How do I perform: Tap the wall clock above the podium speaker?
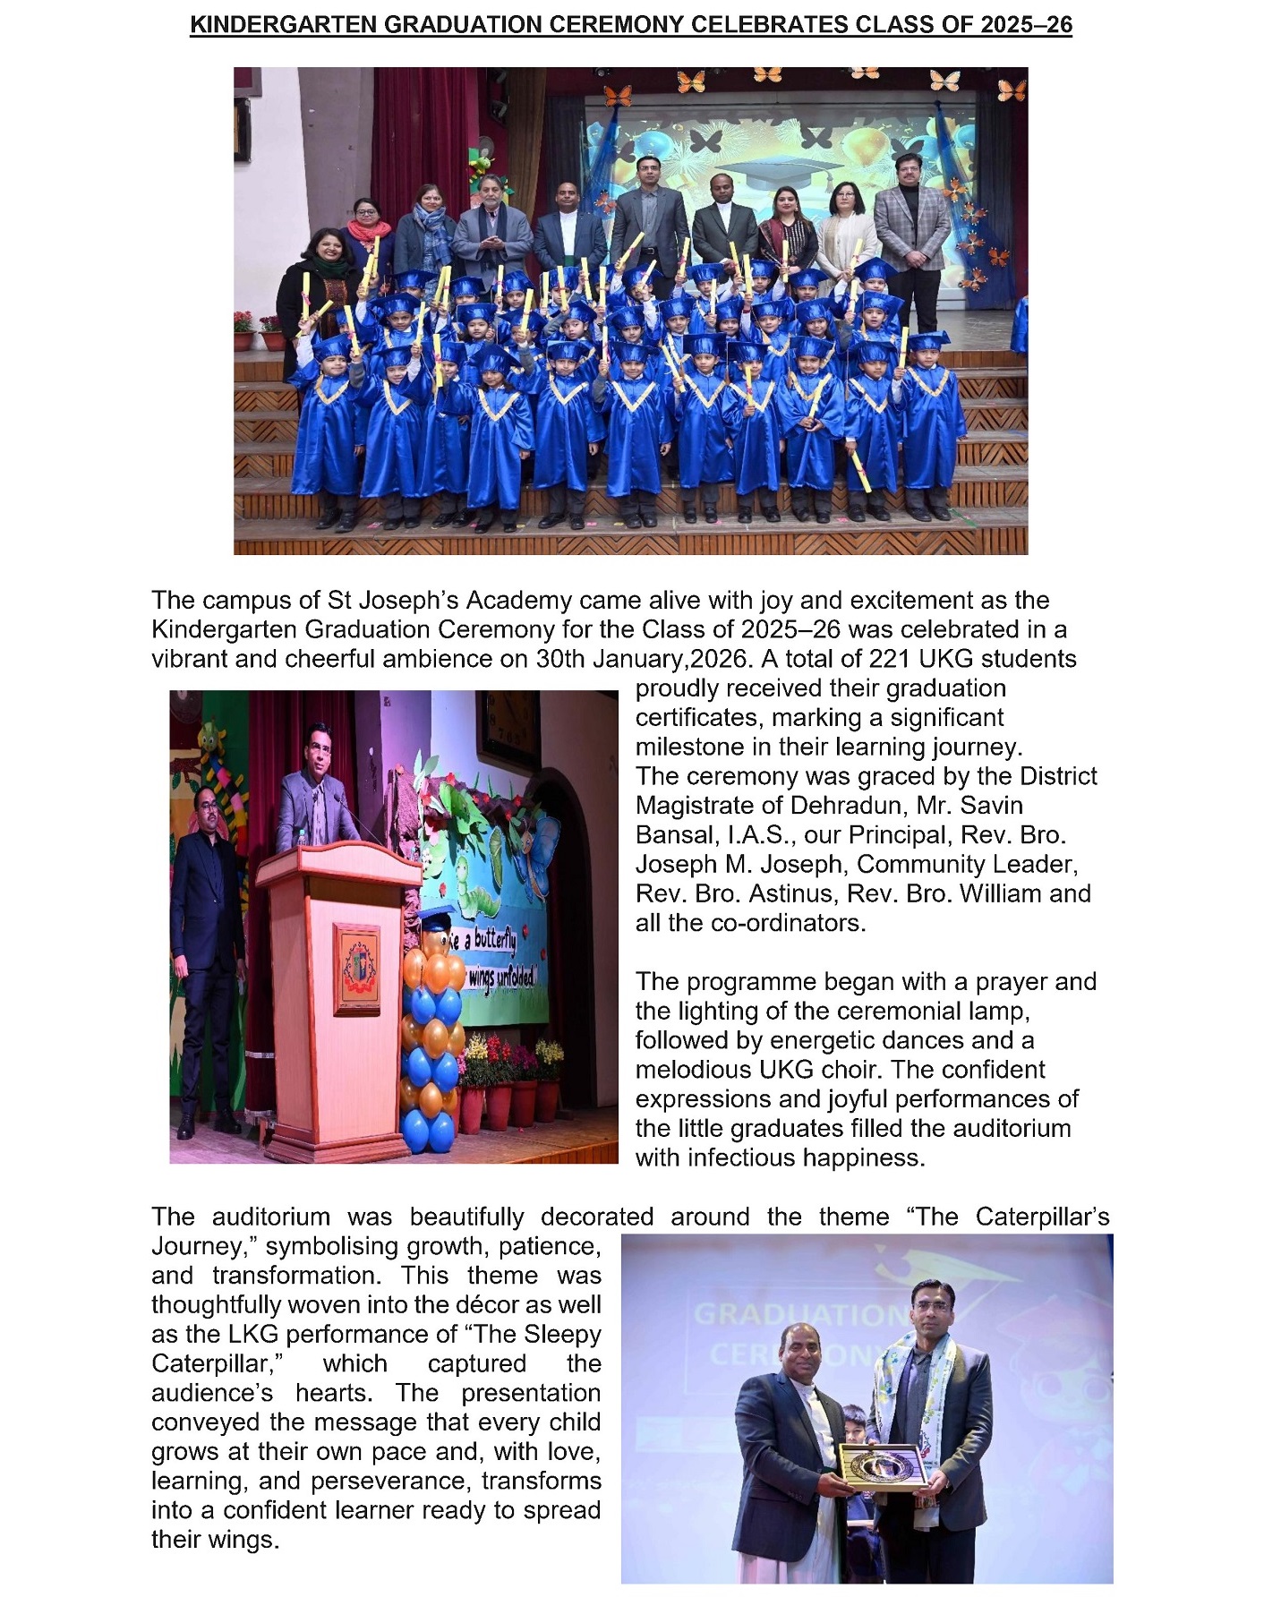tap(508, 729)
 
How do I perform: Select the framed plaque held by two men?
tap(883, 1466)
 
